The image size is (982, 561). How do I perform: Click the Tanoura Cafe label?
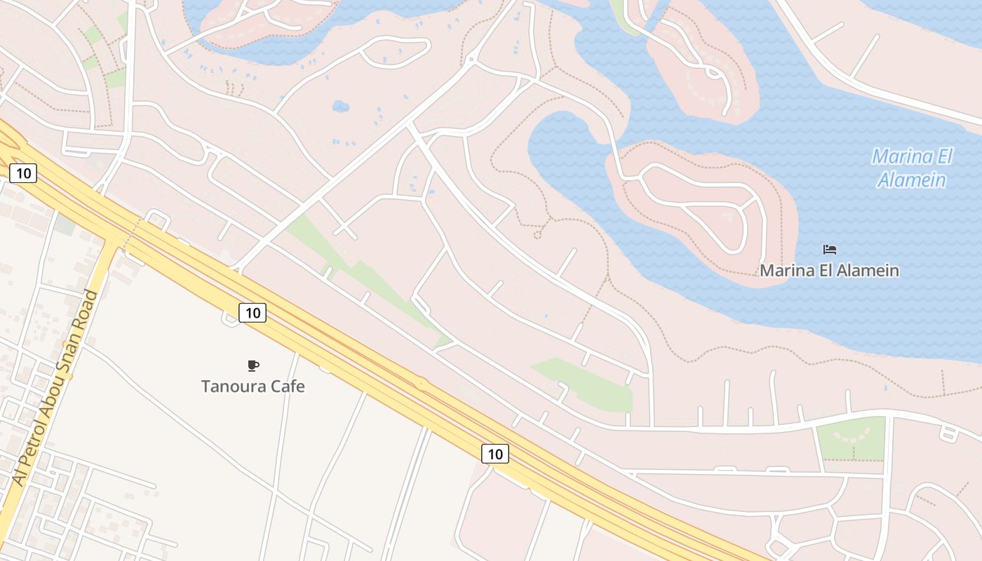coord(253,386)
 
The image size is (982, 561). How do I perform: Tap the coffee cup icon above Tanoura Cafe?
coord(253,365)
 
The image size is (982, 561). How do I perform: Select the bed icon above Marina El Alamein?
coord(830,250)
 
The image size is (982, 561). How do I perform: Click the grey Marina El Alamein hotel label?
coord(830,270)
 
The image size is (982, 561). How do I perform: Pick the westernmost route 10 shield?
coord(23,173)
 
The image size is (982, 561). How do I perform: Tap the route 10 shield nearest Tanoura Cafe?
coord(253,313)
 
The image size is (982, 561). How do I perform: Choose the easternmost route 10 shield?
coord(495,454)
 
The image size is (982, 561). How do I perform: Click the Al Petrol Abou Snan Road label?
coord(55,388)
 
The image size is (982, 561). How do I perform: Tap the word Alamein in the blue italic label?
coord(912,180)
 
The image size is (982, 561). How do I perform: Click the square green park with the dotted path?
coord(851,438)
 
